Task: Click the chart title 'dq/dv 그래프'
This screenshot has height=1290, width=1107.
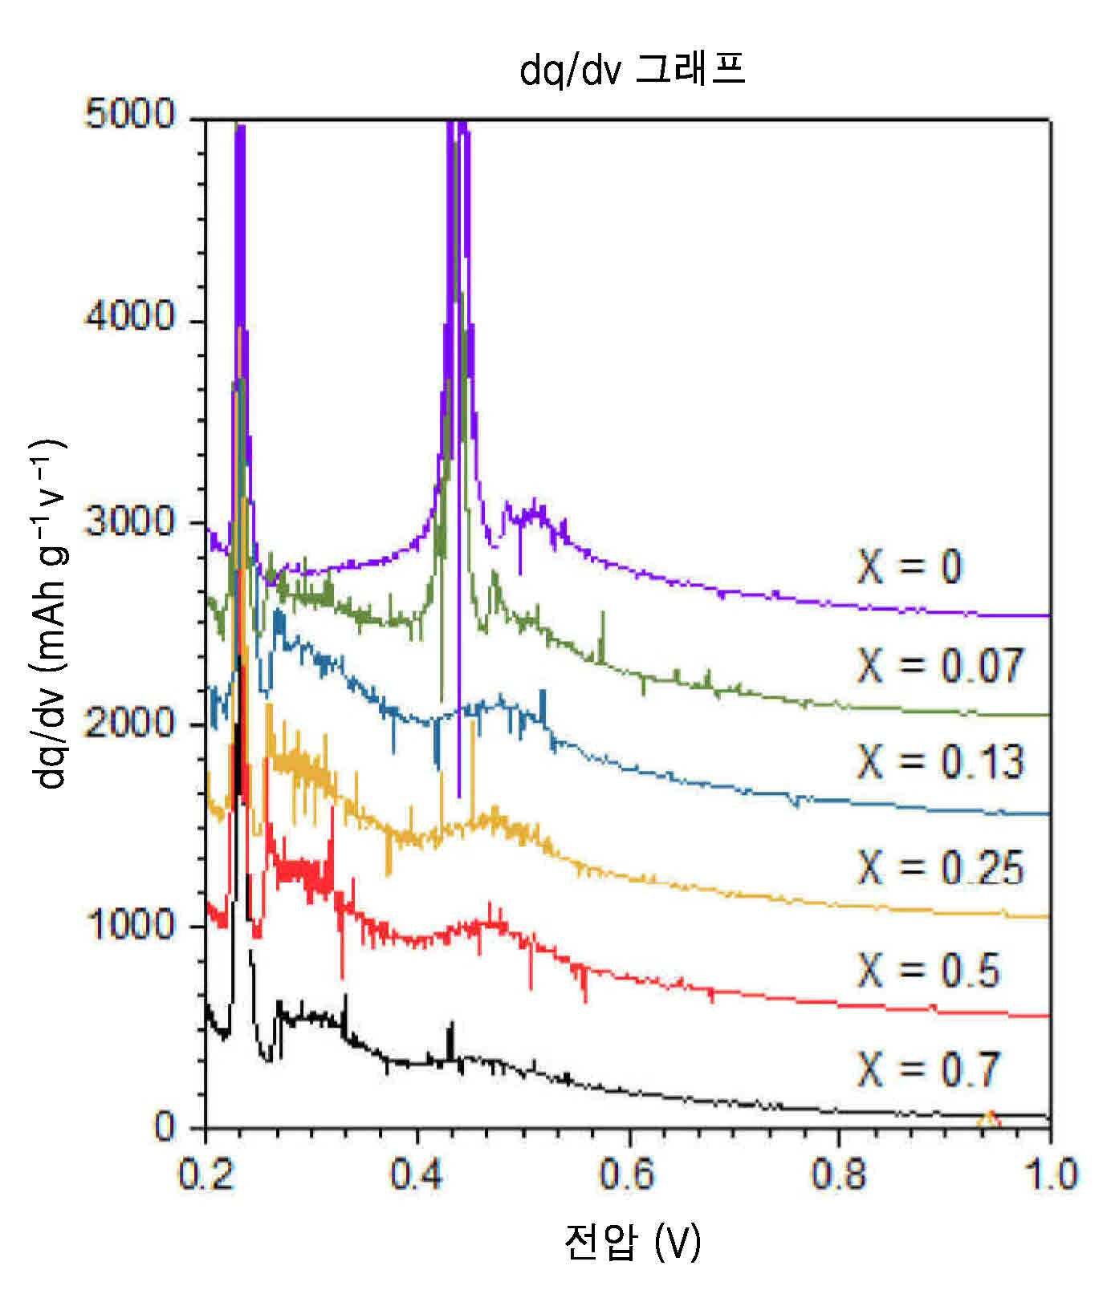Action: point(633,71)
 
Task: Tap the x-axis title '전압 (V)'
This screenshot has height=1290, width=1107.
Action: point(633,1243)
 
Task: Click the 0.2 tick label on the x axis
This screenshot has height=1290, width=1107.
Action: point(206,1174)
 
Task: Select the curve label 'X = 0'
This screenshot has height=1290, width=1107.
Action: point(910,567)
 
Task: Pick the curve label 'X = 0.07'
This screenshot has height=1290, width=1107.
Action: point(941,665)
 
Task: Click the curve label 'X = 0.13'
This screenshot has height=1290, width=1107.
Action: point(941,761)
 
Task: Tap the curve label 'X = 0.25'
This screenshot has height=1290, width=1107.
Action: point(941,867)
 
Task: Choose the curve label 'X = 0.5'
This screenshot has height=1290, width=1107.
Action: point(929,970)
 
